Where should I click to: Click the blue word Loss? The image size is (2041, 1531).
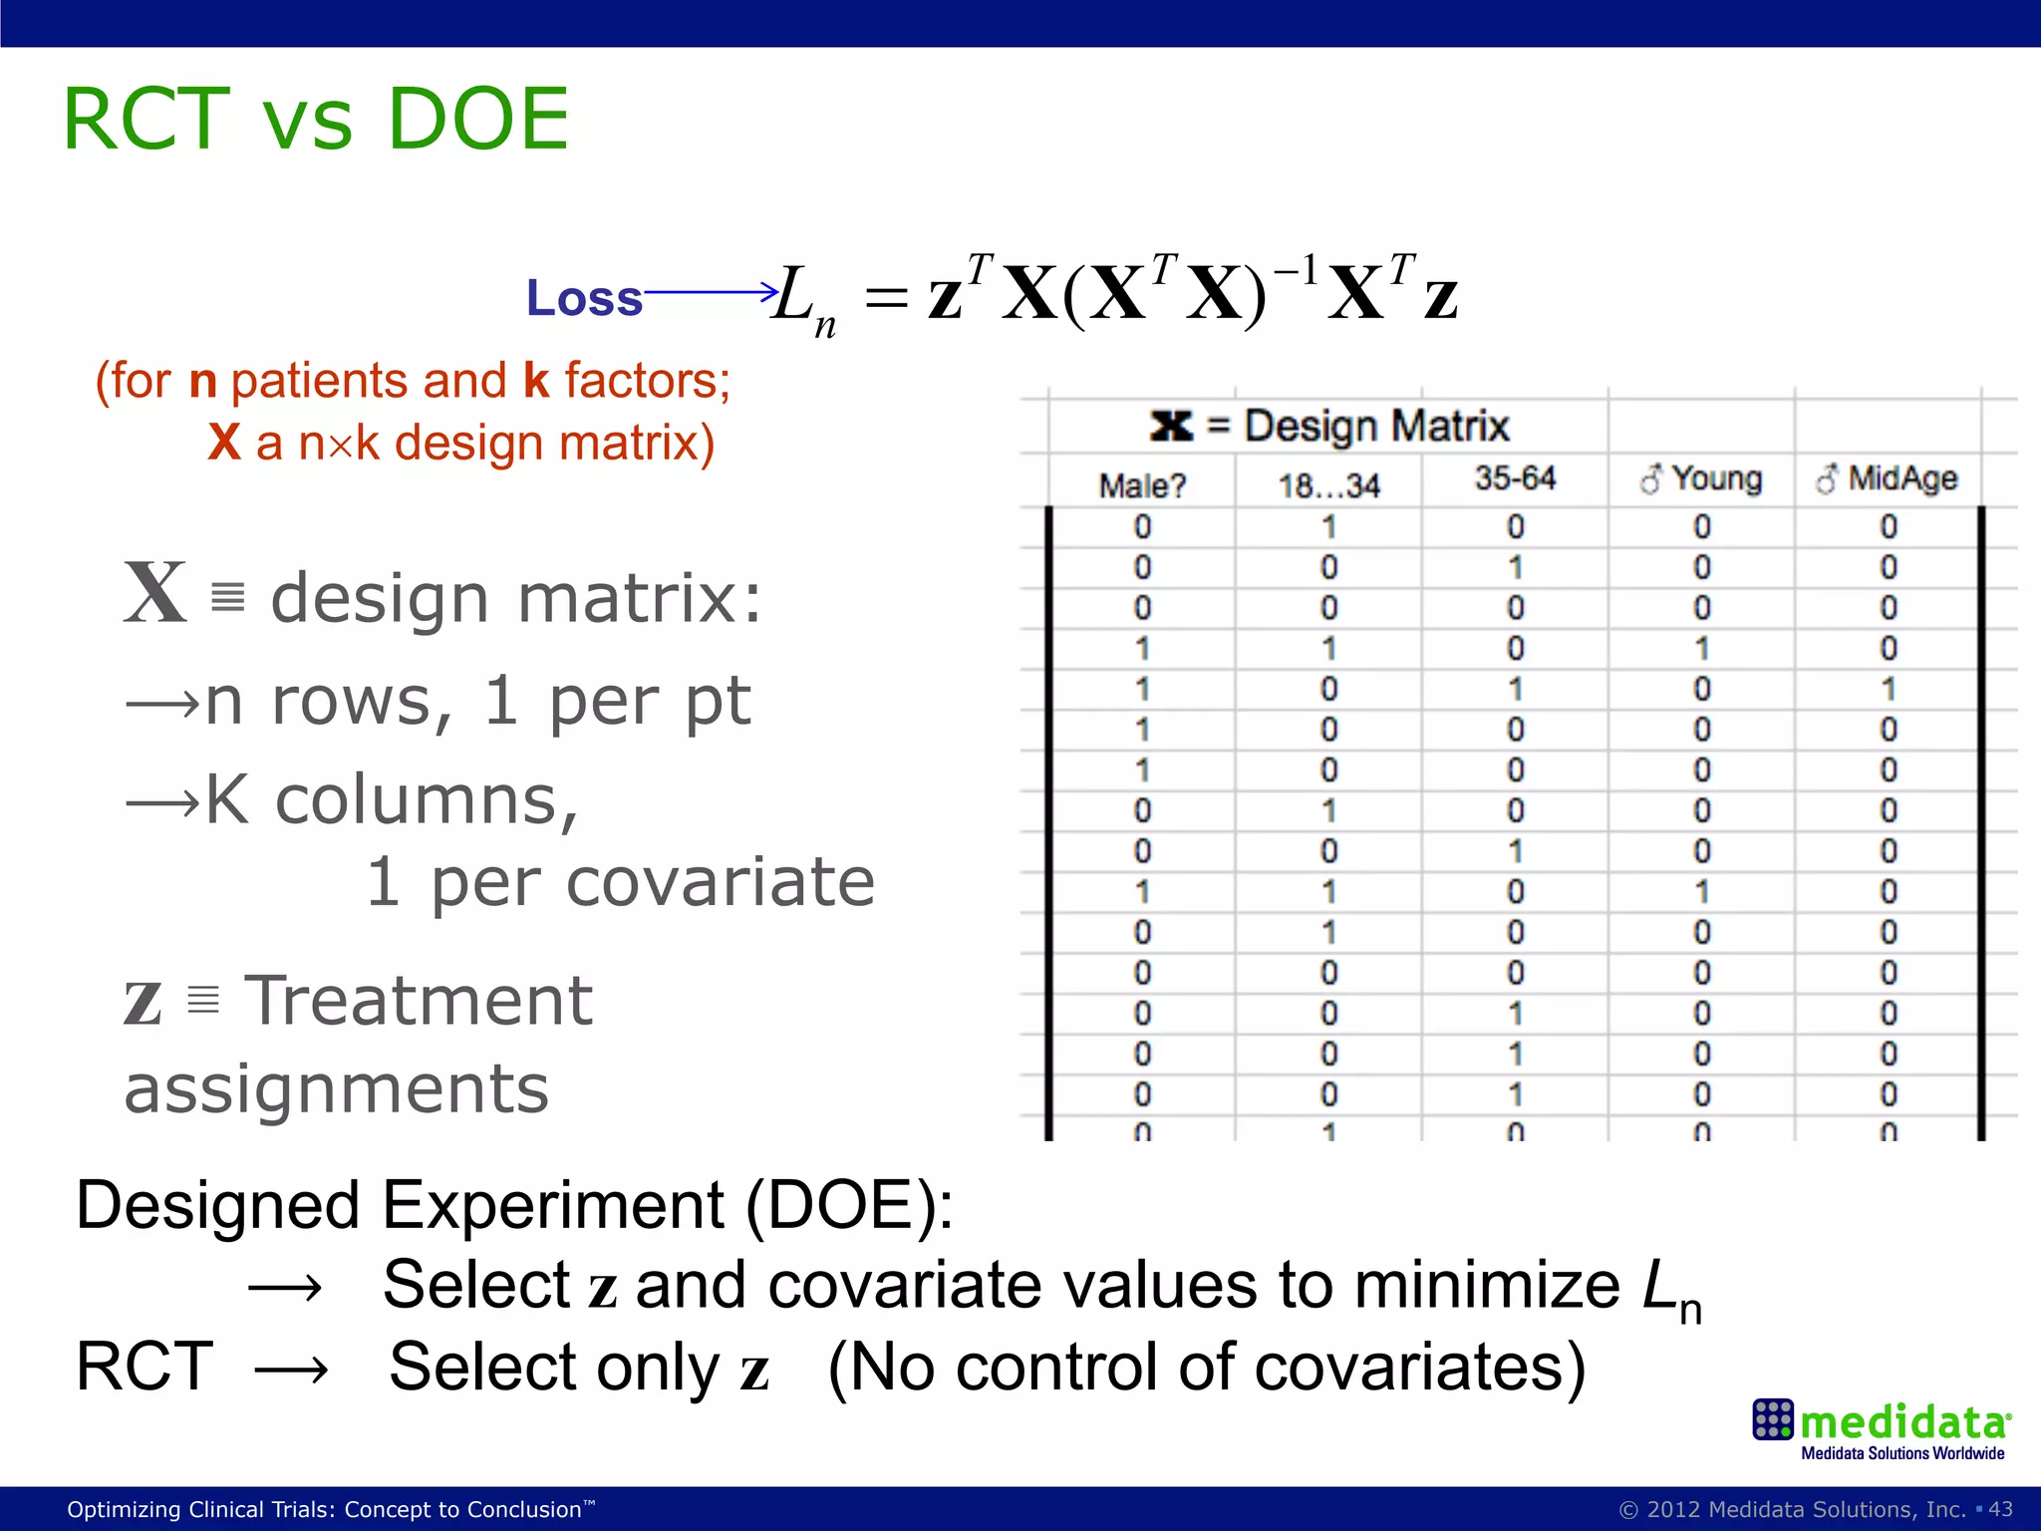tap(584, 298)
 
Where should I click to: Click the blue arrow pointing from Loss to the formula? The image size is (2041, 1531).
tap(711, 292)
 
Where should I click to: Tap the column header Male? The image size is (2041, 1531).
tap(1142, 485)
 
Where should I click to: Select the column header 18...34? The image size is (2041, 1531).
tap(1328, 485)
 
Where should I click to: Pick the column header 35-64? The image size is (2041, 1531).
tap(1515, 478)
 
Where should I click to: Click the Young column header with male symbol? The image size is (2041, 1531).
tap(1701, 479)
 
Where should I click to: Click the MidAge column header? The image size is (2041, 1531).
tap(1887, 479)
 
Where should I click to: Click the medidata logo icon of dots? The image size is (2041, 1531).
tap(1773, 1419)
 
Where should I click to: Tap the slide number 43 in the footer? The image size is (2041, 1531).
tap(2000, 1509)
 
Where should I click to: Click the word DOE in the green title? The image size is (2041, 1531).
tap(477, 120)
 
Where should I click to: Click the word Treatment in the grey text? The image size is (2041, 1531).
tap(419, 1001)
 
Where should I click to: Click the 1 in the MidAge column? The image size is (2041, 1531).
tap(1888, 689)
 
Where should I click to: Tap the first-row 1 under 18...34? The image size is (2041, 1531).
tap(1328, 526)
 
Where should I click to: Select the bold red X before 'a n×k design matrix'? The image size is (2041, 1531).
tap(224, 442)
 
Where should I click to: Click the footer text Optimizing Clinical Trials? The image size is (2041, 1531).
tap(329, 1509)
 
